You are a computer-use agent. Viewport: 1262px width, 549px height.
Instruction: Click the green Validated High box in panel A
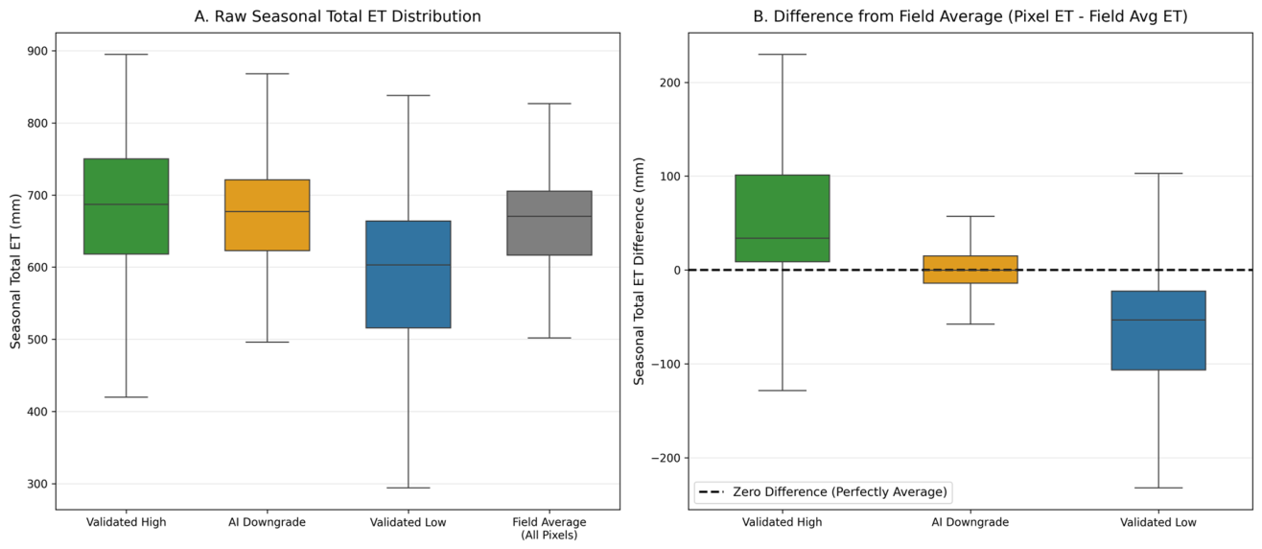127,206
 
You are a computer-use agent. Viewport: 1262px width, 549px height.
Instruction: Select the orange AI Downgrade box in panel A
267,215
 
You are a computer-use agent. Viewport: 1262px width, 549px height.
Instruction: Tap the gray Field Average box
549,224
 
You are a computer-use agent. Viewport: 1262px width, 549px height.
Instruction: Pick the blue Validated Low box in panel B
1158,330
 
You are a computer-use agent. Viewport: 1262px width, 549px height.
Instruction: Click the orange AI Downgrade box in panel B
970,270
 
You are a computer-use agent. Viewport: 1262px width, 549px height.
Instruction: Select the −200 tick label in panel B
666,458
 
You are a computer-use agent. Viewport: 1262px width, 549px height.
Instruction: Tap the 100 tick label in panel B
671,176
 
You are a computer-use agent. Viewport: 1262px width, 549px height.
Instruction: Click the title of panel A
338,16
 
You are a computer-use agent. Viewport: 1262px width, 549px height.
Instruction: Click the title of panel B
970,16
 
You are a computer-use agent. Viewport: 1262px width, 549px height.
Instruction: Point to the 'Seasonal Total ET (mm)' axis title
15,271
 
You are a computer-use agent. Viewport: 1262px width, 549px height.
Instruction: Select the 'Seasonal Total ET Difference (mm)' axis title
639,271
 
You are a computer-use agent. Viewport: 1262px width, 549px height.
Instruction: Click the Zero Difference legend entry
823,492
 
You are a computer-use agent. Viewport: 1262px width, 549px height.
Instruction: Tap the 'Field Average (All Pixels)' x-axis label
549,528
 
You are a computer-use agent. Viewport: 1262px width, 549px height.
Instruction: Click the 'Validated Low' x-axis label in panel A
408,522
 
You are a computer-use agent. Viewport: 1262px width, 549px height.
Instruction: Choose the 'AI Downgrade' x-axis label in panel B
970,522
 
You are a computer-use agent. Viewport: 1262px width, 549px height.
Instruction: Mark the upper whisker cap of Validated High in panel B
783,54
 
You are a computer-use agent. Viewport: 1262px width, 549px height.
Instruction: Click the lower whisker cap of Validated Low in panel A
408,488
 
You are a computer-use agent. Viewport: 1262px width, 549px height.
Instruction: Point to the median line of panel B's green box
783,238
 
